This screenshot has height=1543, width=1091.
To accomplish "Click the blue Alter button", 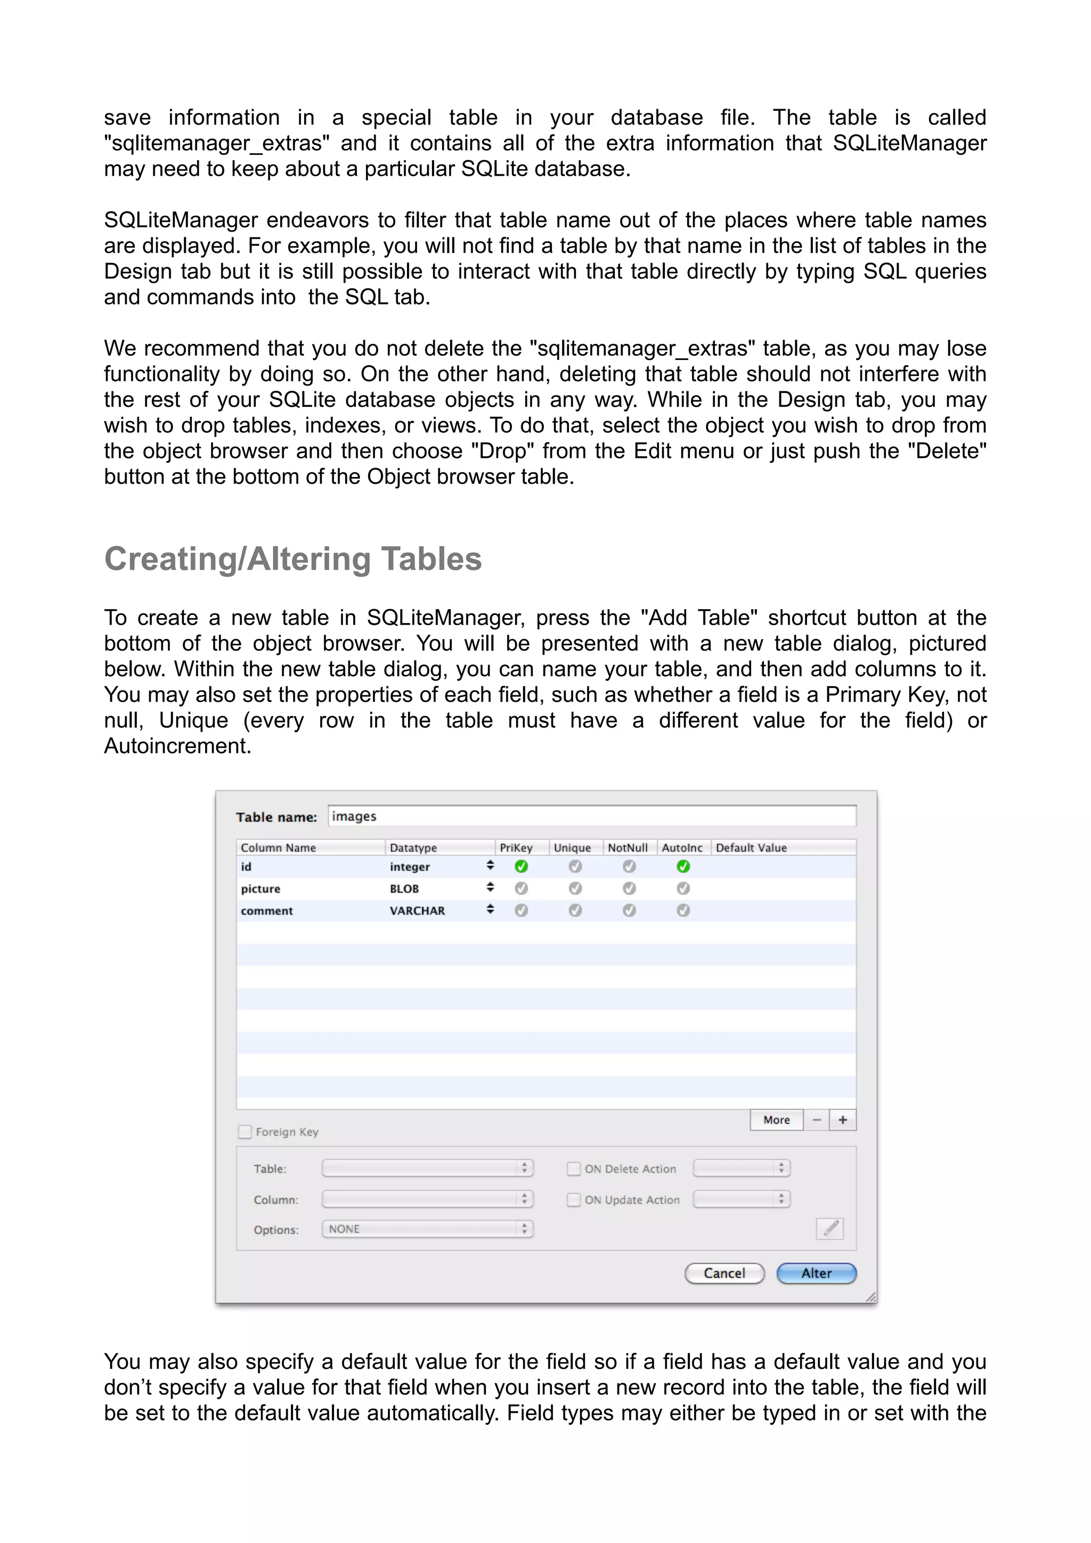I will point(816,1273).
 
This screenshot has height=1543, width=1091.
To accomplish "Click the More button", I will point(776,1120).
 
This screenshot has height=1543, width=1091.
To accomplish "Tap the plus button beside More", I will point(842,1120).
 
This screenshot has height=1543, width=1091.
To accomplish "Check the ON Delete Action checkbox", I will point(573,1169).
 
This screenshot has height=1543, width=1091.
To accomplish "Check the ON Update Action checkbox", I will point(573,1200).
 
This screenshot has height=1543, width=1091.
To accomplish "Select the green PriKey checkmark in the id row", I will point(521,866).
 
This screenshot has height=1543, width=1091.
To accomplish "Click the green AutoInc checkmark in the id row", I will point(683,866).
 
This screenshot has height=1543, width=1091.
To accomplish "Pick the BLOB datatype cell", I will point(405,889).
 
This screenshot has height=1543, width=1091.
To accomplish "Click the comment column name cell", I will point(267,910).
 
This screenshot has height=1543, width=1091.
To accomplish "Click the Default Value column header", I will point(751,848).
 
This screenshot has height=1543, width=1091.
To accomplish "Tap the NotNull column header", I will point(628,848).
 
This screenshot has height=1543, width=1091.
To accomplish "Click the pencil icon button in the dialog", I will point(829,1228).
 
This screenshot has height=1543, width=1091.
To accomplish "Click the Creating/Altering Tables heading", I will point(293,559).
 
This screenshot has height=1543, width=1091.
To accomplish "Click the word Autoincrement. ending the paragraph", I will point(177,745).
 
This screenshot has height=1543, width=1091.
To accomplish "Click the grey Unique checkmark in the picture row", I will point(575,889).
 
